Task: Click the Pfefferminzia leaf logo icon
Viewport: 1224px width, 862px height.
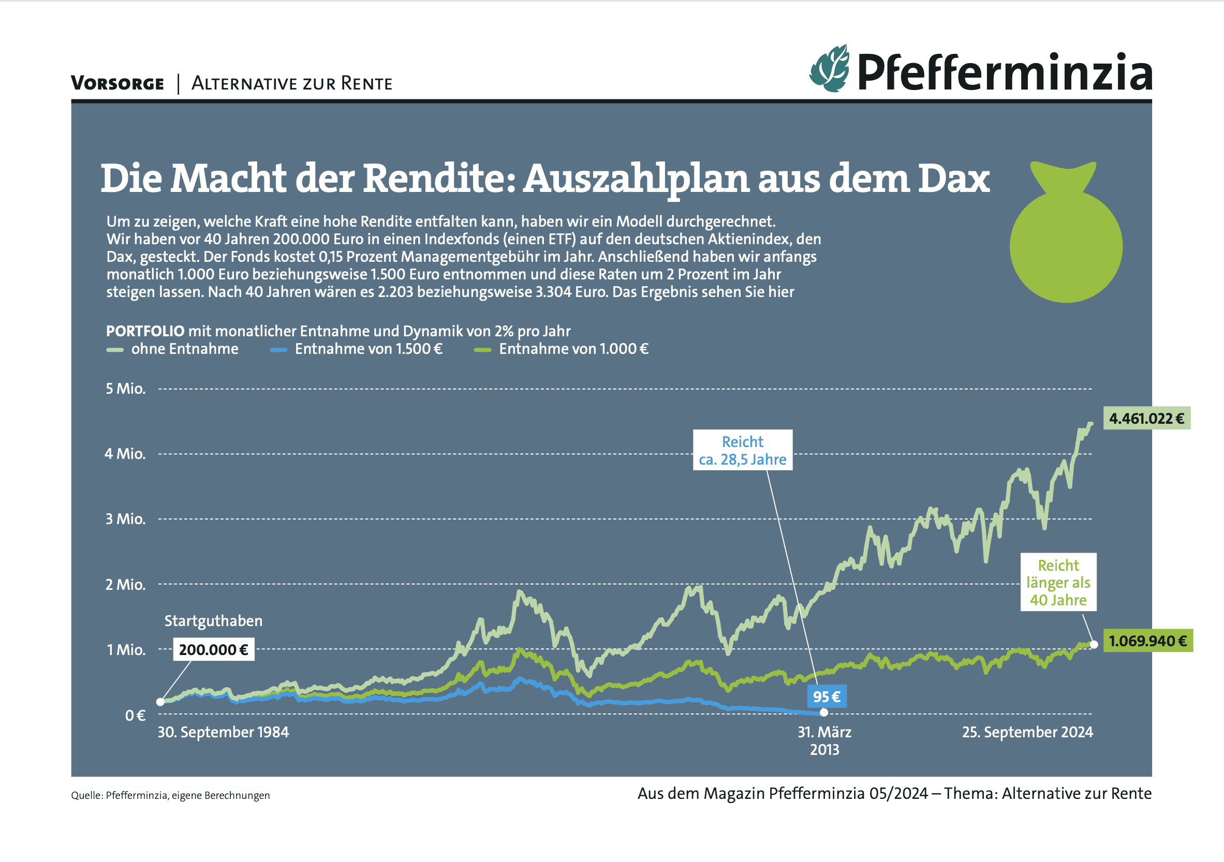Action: coord(829,69)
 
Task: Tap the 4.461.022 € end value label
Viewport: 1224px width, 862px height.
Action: coord(1146,419)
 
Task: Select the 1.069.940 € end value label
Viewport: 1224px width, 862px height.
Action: coord(1147,641)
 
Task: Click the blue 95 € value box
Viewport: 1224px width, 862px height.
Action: coord(826,696)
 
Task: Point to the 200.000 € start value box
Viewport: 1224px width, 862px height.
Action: coord(213,649)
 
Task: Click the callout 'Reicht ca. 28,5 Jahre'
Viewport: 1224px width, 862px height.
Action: coord(742,450)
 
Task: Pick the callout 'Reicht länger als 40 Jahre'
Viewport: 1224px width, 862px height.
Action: coord(1058,582)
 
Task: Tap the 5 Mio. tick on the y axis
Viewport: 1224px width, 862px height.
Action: coord(125,389)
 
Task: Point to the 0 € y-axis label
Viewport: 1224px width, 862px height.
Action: coord(135,715)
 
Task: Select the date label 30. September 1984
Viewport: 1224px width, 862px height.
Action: coord(223,732)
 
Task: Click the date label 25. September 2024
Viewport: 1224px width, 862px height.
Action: coord(1027,732)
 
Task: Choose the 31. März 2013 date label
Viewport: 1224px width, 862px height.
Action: coord(824,740)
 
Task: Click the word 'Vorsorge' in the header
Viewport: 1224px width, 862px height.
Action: coord(117,83)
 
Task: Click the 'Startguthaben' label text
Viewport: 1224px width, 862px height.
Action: coord(213,620)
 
